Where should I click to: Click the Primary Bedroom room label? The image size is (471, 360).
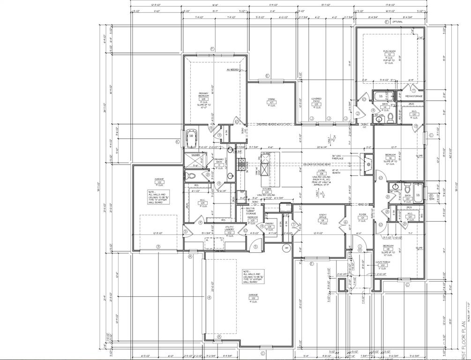(203, 96)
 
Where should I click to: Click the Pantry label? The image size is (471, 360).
(269, 224)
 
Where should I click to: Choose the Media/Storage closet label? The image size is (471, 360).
(414, 96)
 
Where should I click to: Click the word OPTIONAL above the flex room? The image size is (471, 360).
(397, 22)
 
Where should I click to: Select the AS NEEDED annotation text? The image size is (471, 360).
(232, 69)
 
